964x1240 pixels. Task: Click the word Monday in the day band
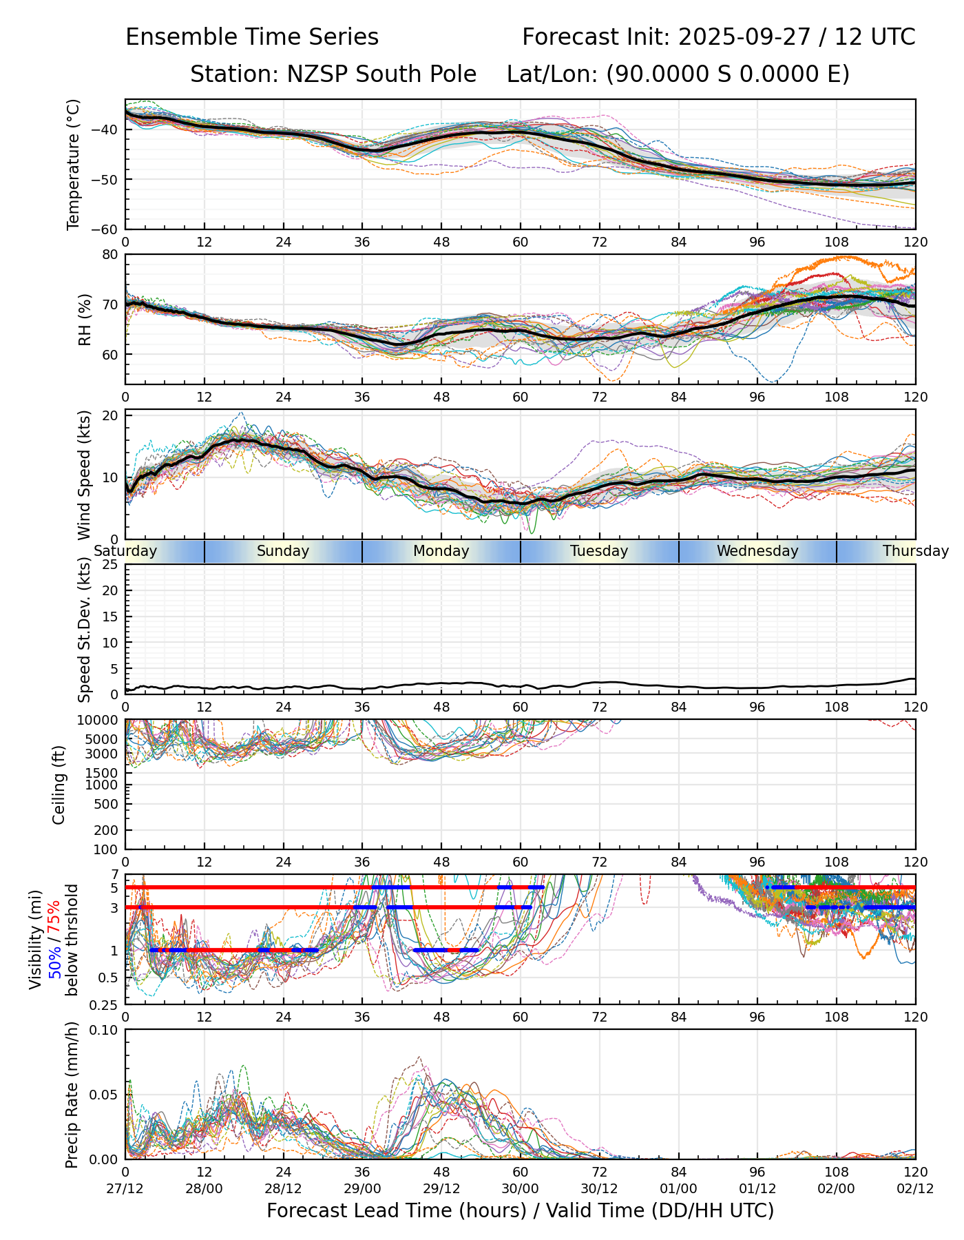441,551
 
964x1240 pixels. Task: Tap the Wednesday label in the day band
757,551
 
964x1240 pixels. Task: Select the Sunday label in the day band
283,551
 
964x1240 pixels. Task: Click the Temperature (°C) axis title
74,164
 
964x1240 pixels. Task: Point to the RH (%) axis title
85,320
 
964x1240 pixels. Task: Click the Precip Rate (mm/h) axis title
72,1094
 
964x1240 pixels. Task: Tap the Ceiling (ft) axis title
59,785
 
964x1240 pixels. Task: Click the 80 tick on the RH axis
110,254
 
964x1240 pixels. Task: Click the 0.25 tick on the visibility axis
105,1004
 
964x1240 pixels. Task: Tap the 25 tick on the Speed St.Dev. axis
110,565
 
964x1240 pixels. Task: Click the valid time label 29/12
441,1188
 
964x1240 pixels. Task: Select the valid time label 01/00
678,1188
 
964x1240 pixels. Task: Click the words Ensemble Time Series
252,37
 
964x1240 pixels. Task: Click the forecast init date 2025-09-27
744,37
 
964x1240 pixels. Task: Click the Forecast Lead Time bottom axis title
520,1210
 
